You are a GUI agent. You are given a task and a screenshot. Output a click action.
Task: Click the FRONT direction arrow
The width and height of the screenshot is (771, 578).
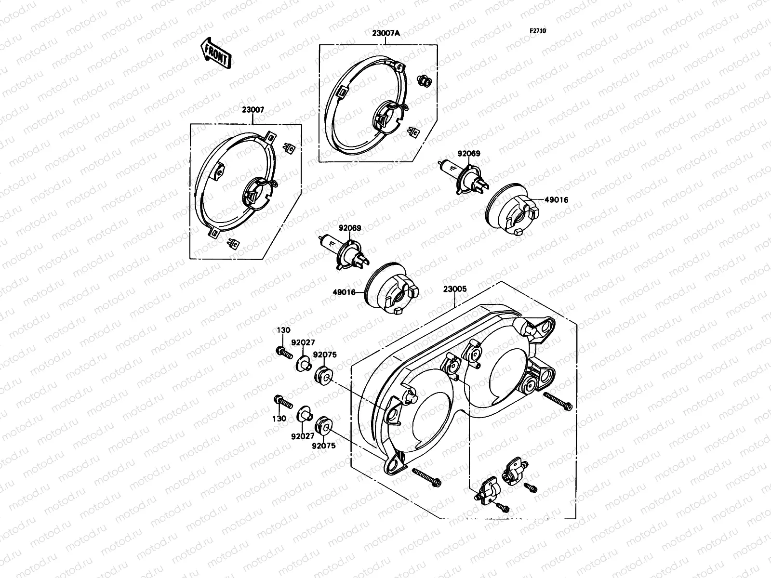tap(215, 53)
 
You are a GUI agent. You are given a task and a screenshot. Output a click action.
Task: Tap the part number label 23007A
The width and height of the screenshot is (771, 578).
tap(386, 33)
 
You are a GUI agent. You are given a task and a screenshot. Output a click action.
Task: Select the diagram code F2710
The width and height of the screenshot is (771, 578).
tap(538, 31)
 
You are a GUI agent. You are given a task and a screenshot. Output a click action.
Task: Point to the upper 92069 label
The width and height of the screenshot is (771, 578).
tap(469, 154)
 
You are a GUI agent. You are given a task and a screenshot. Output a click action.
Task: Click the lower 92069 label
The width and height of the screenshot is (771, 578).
tap(349, 227)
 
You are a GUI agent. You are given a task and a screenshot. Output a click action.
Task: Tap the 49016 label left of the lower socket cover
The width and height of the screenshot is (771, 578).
tap(344, 292)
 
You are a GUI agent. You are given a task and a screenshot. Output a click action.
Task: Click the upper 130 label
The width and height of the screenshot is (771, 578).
tap(283, 330)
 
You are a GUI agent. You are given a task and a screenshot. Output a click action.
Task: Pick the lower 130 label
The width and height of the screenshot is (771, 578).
tap(280, 418)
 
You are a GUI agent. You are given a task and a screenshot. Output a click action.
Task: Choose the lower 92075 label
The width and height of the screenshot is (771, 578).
tap(324, 446)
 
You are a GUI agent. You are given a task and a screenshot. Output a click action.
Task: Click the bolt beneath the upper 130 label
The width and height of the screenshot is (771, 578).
tap(284, 353)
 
